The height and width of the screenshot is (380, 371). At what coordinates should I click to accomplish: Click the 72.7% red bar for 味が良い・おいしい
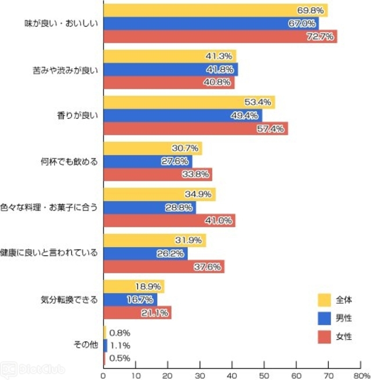click(x=220, y=37)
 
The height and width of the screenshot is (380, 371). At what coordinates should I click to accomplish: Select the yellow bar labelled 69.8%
click(x=216, y=10)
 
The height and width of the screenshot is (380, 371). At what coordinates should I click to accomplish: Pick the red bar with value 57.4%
click(x=195, y=128)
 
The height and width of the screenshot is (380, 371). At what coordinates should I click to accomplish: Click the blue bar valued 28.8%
click(x=150, y=207)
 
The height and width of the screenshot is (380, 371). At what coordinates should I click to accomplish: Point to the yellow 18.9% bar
click(x=133, y=287)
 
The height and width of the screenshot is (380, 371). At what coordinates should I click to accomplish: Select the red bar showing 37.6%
click(x=163, y=266)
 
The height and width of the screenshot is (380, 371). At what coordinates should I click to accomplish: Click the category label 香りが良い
click(x=82, y=115)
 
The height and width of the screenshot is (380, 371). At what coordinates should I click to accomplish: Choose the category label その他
click(x=86, y=346)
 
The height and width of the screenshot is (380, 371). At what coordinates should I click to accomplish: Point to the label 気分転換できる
click(x=68, y=300)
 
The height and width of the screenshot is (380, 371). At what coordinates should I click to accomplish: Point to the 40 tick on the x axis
click(x=232, y=374)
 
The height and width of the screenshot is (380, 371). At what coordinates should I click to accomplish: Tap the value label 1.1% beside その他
click(x=120, y=346)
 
